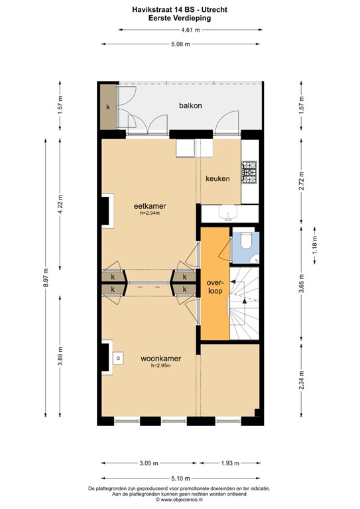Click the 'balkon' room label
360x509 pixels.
pyautogui.click(x=190, y=105)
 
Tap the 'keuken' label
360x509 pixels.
pyautogui.click(x=217, y=179)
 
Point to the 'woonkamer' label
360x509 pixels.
pyautogui.click(x=160, y=359)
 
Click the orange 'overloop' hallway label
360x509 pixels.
pyautogui.click(x=213, y=286)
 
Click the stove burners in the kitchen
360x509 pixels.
pyautogui.click(x=249, y=173)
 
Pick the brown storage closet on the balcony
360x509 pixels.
pyautogui.click(x=107, y=107)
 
